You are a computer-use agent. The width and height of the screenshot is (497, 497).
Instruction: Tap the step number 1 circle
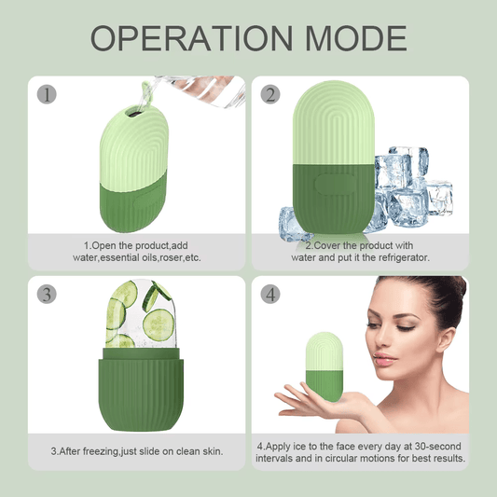(47, 95)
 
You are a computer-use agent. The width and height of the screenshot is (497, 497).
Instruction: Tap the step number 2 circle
(271, 95)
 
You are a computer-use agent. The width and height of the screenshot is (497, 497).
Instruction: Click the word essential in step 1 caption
(126, 257)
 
